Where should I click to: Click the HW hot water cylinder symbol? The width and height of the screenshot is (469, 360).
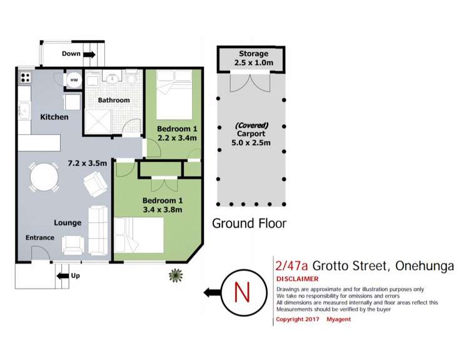point(73,80)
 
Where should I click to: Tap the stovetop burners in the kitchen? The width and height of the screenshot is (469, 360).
point(26,78)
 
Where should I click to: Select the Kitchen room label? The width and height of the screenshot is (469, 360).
point(54,117)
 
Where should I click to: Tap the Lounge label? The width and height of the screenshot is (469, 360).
point(68,222)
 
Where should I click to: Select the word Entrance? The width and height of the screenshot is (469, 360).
point(39,237)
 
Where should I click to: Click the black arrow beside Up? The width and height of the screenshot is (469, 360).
point(63,275)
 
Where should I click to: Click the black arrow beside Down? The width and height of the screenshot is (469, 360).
point(89,54)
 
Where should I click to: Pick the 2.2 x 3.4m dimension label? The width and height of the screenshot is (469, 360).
point(178,138)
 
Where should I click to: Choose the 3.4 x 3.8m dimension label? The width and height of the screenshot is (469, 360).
point(162,209)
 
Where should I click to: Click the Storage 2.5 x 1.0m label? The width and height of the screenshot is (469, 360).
point(253,59)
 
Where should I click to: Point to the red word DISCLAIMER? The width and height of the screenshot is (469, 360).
point(297,279)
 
